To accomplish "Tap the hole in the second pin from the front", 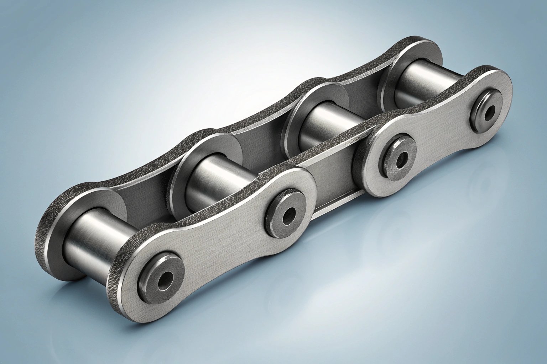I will [x=287, y=215].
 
